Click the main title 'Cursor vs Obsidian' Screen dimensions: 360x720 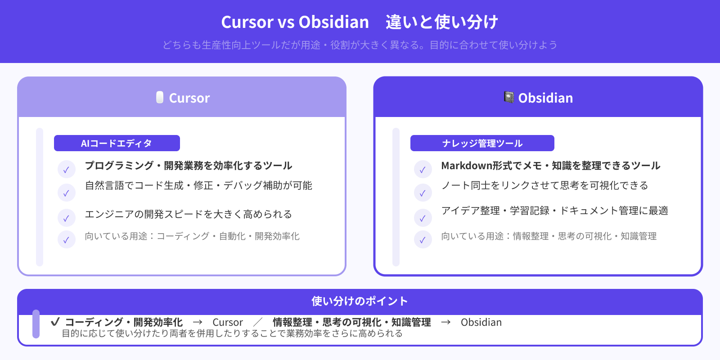tap(295, 22)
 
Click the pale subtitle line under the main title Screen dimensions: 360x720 tap(360, 45)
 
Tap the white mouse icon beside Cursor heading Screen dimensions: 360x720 tap(160, 97)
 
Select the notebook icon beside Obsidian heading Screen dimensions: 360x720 tap(509, 97)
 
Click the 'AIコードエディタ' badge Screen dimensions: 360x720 tap(117, 143)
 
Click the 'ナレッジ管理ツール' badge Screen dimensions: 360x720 tap(482, 143)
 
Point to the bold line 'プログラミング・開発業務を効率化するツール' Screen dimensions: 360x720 tap(189, 166)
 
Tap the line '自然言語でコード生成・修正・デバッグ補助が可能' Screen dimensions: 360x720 tap(198, 185)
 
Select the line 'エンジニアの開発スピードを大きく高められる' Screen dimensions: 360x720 tap(189, 214)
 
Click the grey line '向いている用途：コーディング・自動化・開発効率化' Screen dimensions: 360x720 tap(192, 236)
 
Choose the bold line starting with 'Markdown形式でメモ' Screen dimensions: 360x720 tap(550, 166)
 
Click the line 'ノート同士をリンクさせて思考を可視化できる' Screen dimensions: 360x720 tap(544, 185)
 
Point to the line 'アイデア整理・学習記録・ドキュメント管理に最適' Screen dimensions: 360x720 tap(554, 211)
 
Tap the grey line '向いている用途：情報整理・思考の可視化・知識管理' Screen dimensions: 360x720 tap(549, 236)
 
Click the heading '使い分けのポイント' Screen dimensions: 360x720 tap(360, 301)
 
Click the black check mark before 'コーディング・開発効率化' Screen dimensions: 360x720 tap(55, 322)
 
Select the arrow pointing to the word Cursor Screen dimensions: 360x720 tap(197, 322)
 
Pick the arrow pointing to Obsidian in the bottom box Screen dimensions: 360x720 tap(445, 322)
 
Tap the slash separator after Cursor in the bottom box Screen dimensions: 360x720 tap(258, 322)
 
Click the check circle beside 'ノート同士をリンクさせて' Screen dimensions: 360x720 tap(423, 193)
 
